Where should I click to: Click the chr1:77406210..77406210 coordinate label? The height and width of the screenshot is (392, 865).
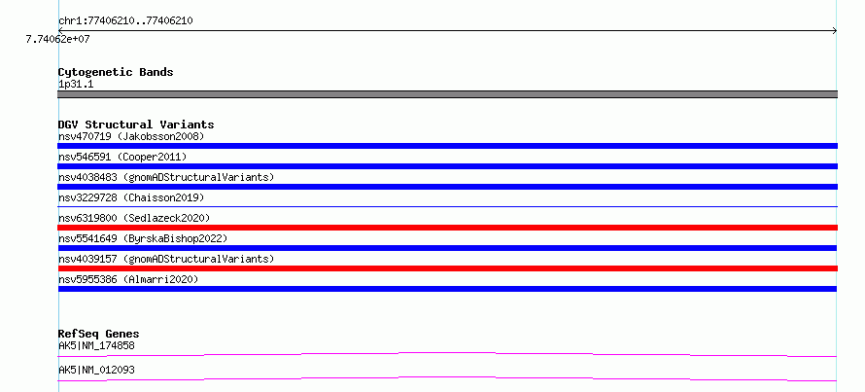[x=125, y=21]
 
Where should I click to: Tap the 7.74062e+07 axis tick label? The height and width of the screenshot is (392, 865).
[x=58, y=39]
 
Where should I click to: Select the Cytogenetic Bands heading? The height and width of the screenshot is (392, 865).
[x=116, y=72]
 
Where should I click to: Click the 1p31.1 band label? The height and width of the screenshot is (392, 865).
[x=76, y=85]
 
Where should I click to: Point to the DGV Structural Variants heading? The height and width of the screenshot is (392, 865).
[x=136, y=125]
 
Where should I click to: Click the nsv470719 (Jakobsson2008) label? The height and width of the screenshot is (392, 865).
[x=131, y=136]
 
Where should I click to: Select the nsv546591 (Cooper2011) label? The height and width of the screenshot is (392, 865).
[x=122, y=157]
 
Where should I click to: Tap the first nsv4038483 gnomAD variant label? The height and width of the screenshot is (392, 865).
[x=166, y=177]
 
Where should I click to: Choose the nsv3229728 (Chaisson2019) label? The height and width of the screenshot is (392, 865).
[x=131, y=197]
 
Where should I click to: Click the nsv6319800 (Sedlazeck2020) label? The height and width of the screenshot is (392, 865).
[x=134, y=218]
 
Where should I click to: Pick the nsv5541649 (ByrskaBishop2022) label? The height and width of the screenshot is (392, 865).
[x=143, y=238]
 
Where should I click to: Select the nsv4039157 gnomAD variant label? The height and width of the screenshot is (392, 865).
[x=166, y=259]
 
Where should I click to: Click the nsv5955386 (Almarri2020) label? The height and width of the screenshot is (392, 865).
[x=128, y=279]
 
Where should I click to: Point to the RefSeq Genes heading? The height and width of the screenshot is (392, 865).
[x=99, y=334]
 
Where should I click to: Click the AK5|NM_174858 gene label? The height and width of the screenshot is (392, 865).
[x=96, y=346]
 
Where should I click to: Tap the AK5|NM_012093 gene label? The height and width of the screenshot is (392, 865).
[x=96, y=370]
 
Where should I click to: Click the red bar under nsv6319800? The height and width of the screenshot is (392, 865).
[x=447, y=228]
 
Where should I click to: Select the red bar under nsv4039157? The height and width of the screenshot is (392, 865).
[x=447, y=268]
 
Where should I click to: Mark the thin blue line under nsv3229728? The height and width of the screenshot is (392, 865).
[x=447, y=206]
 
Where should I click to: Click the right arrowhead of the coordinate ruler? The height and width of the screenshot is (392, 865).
[x=836, y=31]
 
